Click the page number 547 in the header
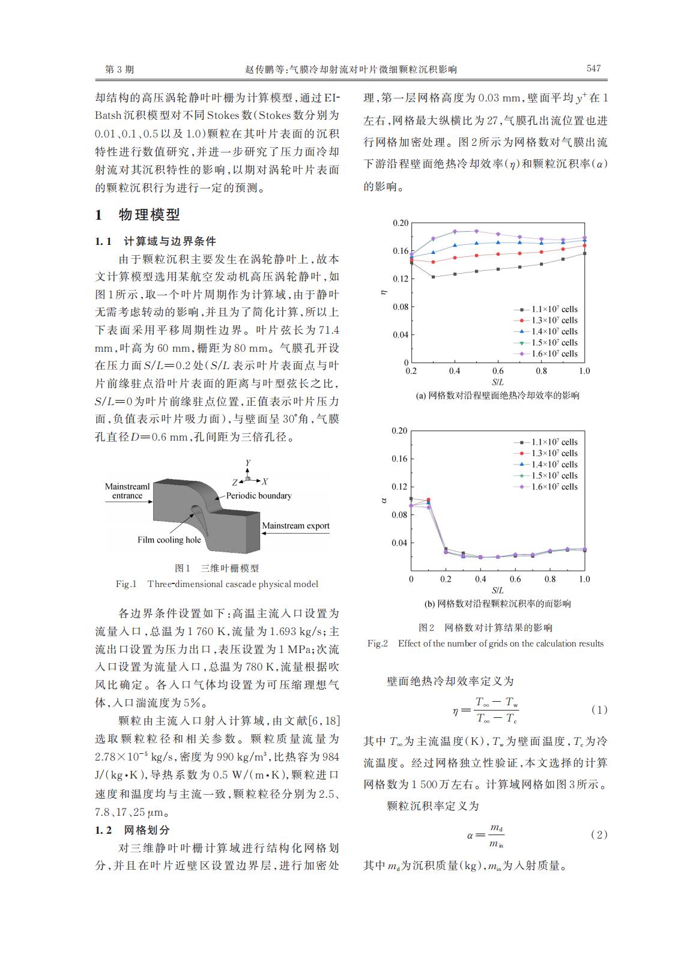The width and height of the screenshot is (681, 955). (593, 68)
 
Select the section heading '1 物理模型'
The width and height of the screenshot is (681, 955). (138, 215)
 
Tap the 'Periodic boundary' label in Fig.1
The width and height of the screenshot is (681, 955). (259, 496)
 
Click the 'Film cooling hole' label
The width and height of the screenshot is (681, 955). (169, 540)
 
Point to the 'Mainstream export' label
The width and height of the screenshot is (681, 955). (295, 526)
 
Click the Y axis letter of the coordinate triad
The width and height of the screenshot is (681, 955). (247, 463)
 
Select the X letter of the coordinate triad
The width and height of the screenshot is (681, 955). (265, 481)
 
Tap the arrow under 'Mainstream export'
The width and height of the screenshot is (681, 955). (295, 534)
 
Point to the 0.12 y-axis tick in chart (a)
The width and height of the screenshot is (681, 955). (401, 279)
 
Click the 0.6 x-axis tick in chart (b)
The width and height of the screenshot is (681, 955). (515, 579)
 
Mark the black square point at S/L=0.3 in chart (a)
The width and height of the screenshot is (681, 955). (433, 277)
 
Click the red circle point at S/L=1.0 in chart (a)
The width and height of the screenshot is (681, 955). (584, 246)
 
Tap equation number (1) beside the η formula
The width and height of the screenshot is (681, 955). (599, 709)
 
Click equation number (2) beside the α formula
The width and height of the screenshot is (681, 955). (599, 834)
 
